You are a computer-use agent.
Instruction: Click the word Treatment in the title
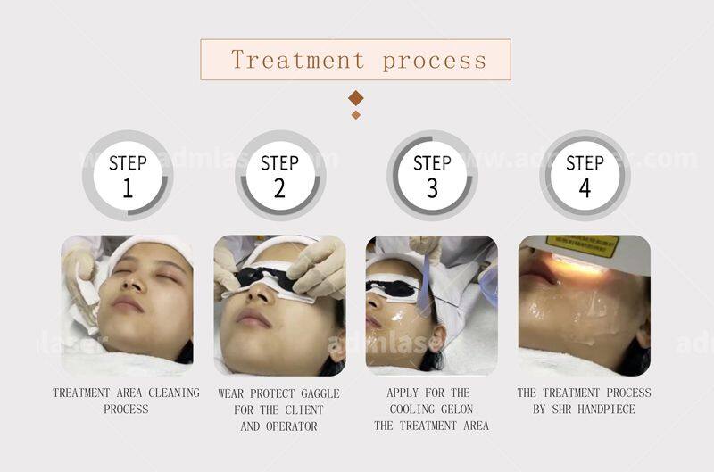298,61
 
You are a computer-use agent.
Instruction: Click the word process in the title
435,61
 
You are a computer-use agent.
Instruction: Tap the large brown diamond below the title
356,97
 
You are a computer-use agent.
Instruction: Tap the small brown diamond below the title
356,114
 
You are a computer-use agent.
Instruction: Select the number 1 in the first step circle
127,188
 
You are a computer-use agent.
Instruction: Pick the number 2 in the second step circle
279,188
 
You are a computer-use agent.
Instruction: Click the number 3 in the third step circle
432,188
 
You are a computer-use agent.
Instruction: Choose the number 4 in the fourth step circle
585,188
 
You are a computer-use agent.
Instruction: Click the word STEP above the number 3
432,163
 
